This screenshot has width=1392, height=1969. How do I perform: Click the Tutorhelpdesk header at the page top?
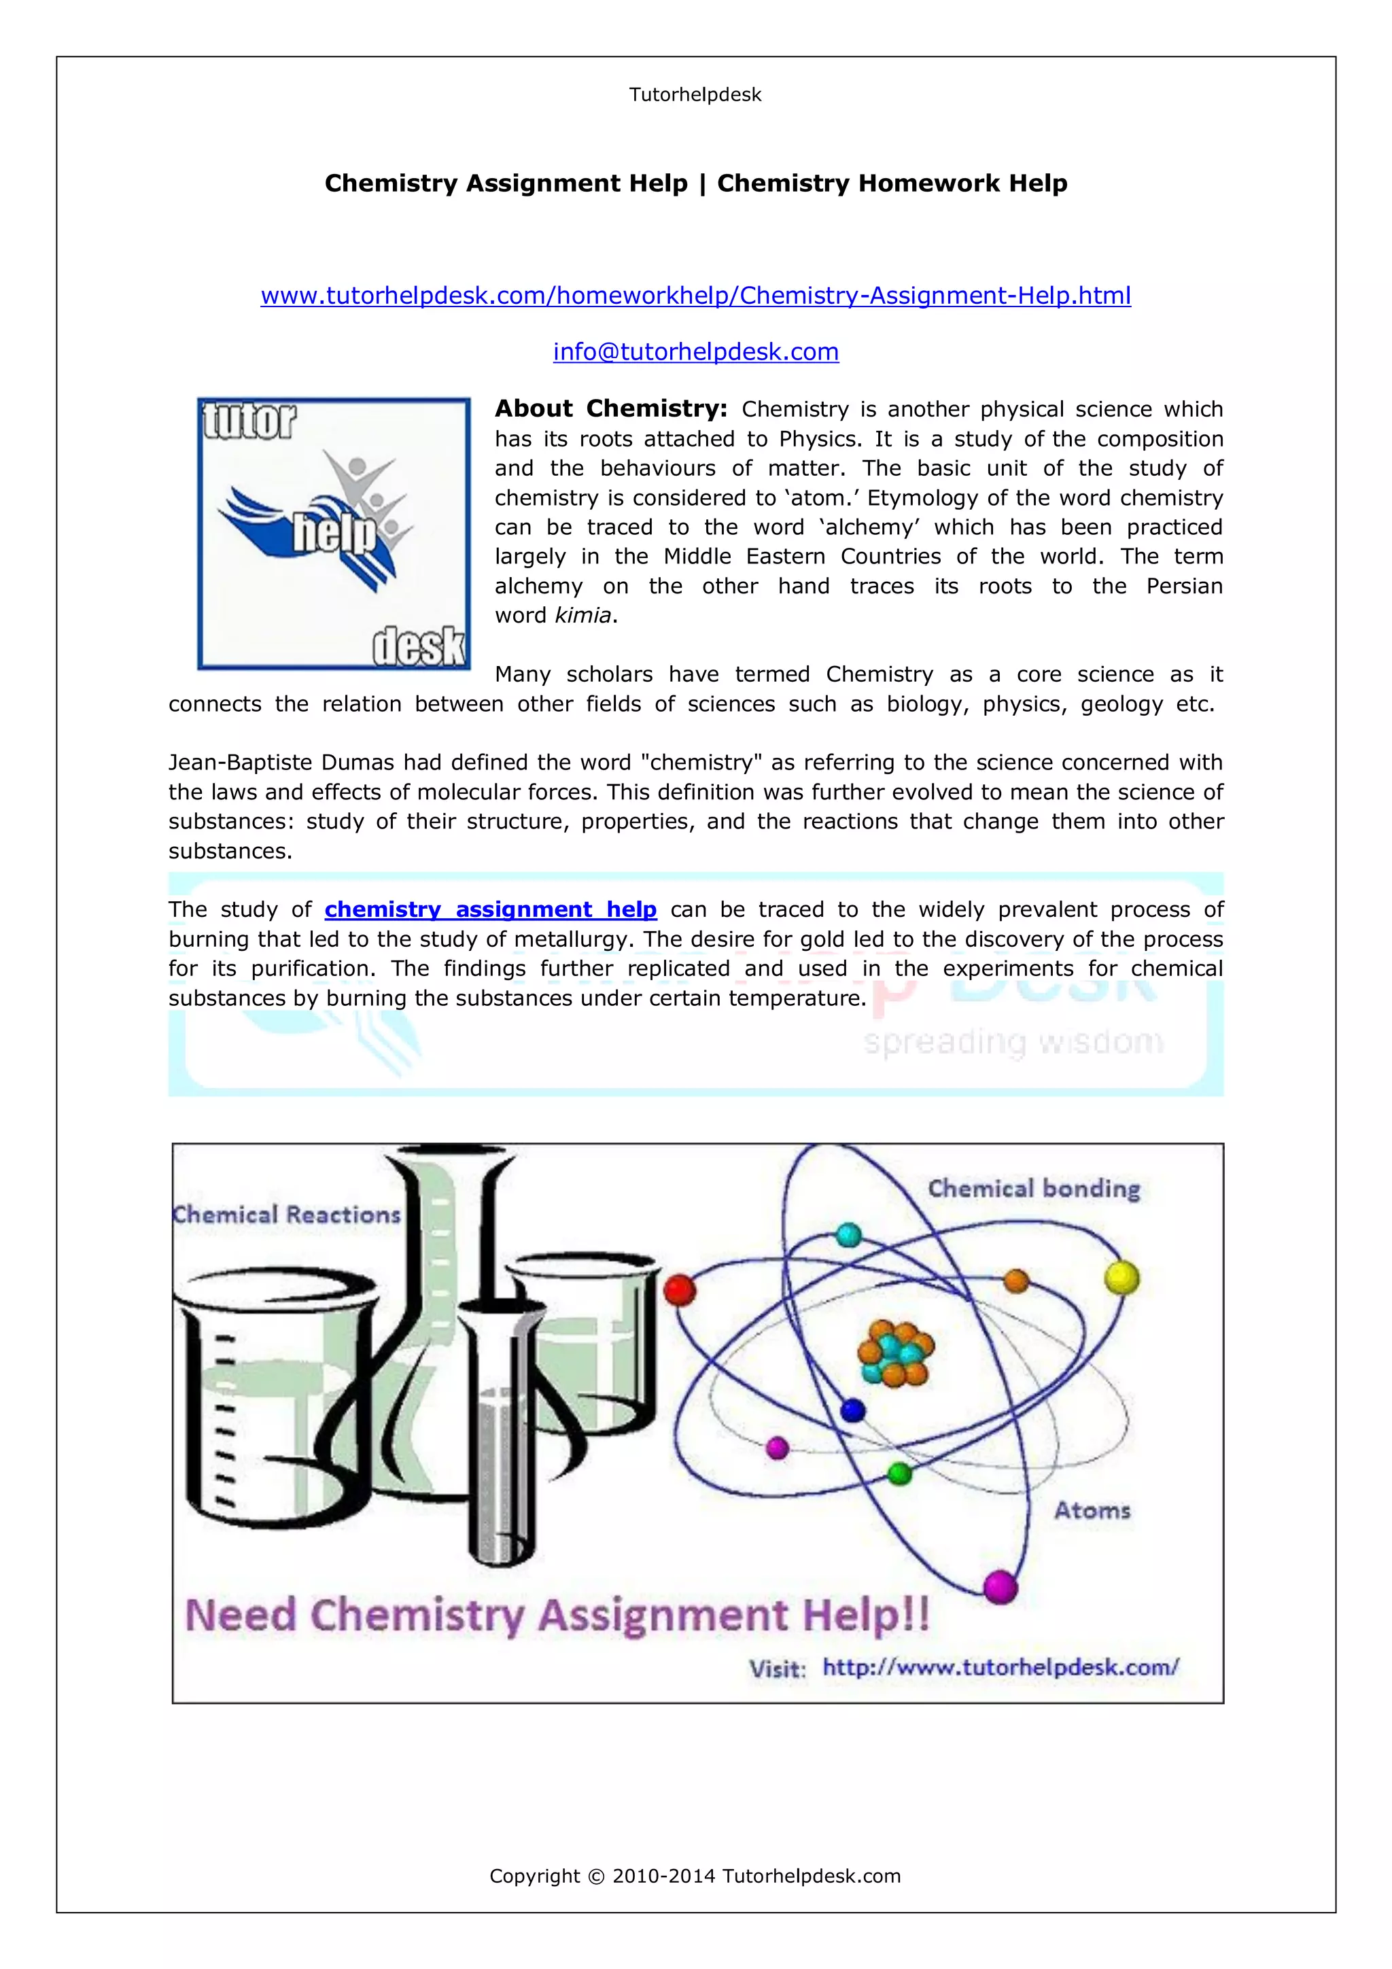click(695, 94)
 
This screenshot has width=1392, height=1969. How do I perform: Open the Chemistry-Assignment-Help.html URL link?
click(695, 296)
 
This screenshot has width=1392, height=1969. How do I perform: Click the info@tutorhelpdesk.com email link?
click(695, 351)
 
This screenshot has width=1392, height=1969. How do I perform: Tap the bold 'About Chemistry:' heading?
click(610, 409)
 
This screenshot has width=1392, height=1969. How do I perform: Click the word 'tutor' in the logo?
click(249, 421)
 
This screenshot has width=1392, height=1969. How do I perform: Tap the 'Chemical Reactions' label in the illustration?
click(286, 1215)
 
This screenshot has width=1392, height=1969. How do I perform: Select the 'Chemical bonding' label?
click(1034, 1189)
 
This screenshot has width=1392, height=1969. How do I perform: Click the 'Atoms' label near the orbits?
click(1092, 1510)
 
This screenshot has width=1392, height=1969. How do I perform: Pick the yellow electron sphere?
click(1121, 1277)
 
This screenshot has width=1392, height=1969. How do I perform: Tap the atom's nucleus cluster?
click(894, 1353)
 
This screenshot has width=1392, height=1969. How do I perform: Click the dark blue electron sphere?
click(852, 1410)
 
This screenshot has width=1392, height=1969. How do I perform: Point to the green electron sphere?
click(899, 1474)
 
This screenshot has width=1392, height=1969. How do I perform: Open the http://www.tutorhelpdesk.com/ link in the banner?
click(1000, 1667)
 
